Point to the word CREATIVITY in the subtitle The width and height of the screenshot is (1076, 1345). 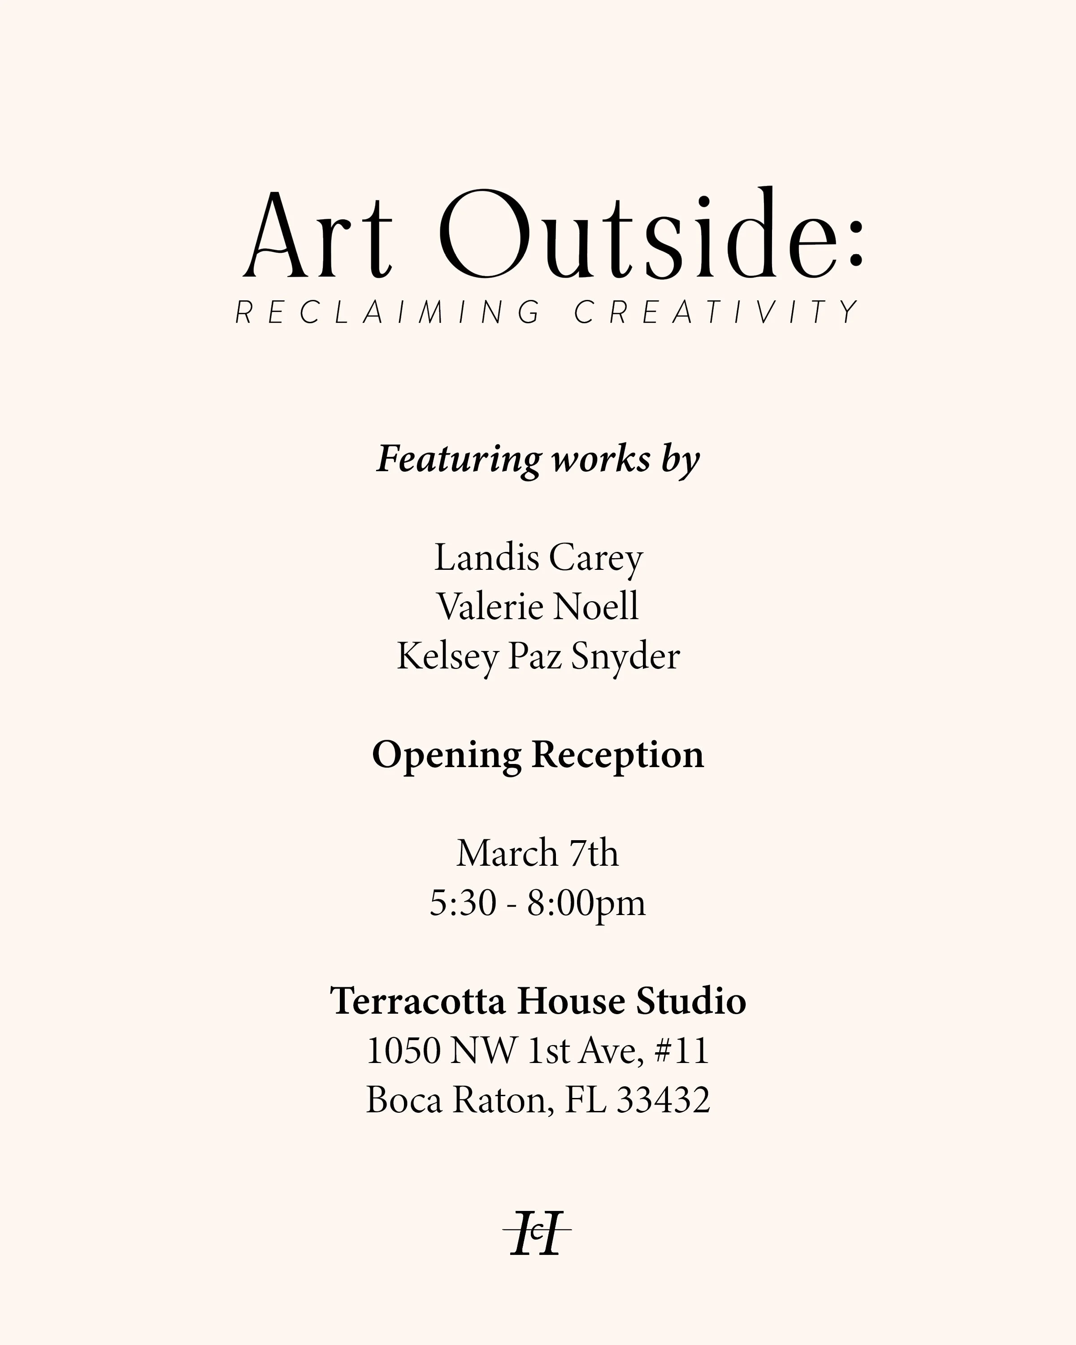(x=717, y=312)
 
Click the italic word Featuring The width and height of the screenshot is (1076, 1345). (x=459, y=460)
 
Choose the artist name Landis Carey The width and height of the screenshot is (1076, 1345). (x=538, y=557)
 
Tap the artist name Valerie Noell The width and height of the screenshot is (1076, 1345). (x=538, y=607)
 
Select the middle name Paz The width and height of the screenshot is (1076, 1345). (x=534, y=656)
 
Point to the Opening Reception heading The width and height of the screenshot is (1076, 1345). (x=538, y=755)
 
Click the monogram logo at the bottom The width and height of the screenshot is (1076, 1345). (x=537, y=1233)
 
